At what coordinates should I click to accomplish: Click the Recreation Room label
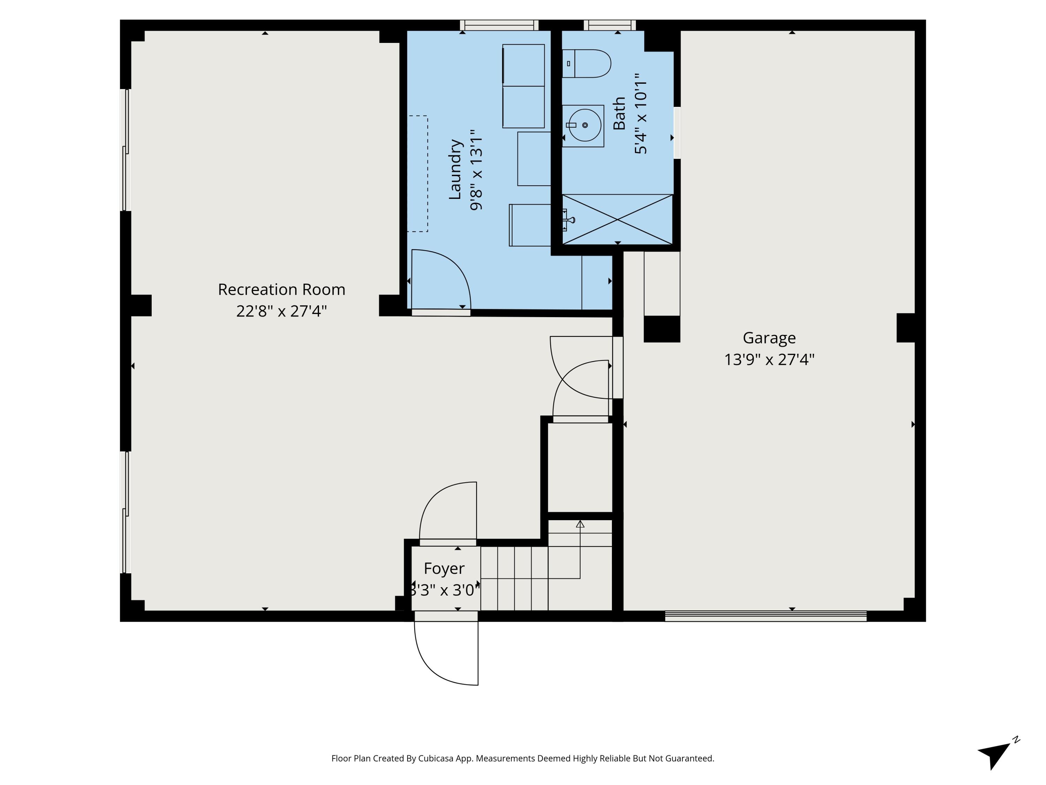point(281,290)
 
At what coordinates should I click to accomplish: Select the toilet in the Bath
point(586,63)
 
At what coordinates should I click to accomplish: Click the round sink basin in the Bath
point(585,125)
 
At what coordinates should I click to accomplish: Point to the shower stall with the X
point(617,219)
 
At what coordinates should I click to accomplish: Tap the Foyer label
point(444,568)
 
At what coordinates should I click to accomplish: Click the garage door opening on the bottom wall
point(766,616)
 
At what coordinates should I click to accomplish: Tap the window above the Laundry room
point(499,25)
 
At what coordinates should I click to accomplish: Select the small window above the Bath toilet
point(609,25)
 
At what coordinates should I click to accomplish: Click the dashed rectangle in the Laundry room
point(418,174)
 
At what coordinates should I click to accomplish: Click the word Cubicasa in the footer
point(435,758)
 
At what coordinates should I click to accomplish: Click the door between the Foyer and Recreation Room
point(448,542)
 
